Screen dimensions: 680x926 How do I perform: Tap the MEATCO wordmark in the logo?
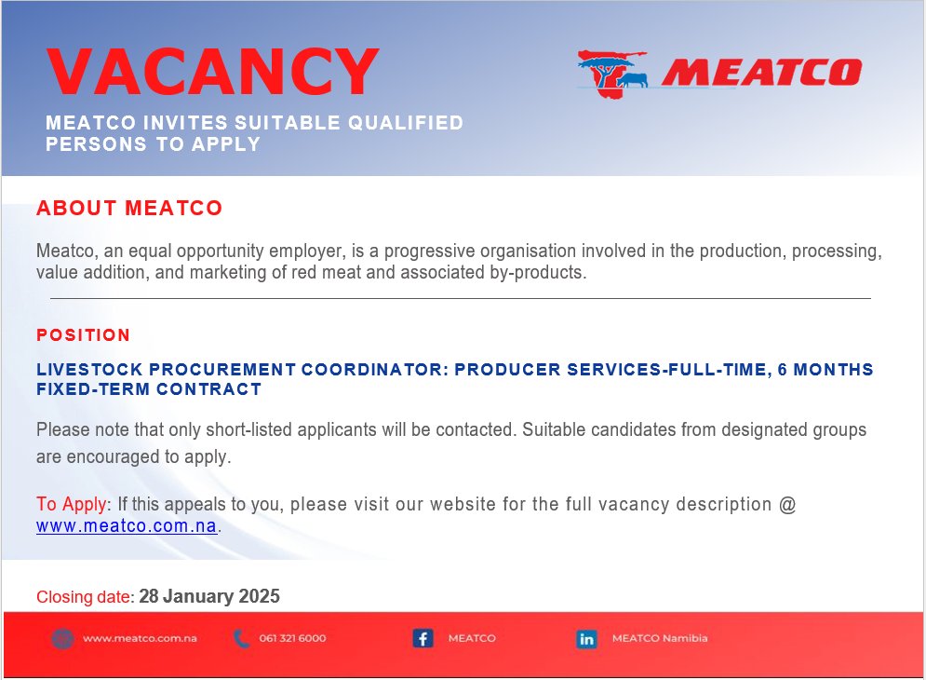point(761,72)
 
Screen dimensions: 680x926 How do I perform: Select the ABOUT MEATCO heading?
point(129,208)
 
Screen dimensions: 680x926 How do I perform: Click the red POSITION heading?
point(83,335)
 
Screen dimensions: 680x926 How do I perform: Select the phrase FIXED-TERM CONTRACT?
point(149,389)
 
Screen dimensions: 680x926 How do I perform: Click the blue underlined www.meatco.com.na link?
point(127,526)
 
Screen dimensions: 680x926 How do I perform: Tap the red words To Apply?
point(72,505)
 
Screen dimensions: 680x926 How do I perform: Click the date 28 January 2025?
point(209,597)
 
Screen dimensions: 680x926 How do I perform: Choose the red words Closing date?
point(85,597)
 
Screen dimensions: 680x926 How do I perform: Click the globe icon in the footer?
point(62,639)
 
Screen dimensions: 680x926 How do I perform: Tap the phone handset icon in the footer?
point(242,639)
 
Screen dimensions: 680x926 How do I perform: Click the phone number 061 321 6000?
point(292,639)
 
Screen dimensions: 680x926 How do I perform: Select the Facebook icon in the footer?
point(423,639)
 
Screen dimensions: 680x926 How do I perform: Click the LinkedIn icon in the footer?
point(586,639)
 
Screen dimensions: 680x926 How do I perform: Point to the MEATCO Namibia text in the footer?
point(660,639)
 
